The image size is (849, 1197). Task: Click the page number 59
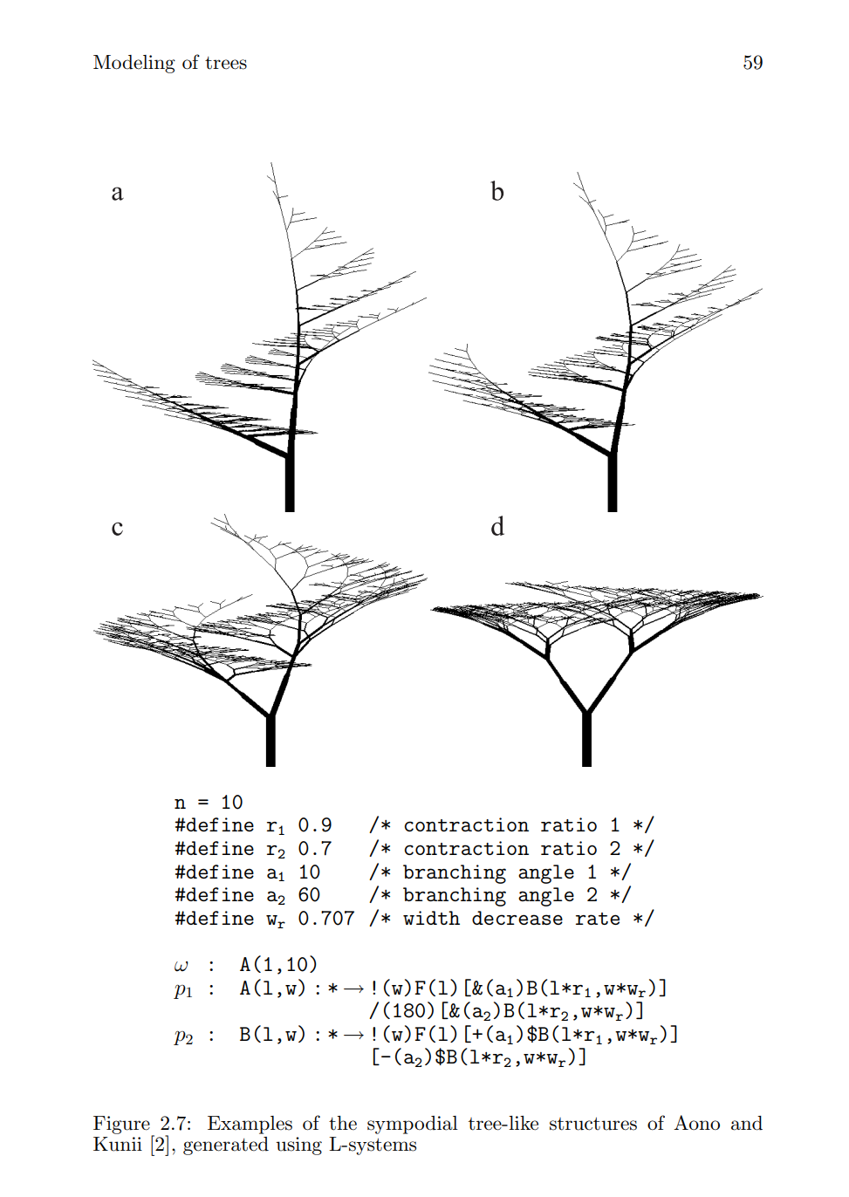(752, 63)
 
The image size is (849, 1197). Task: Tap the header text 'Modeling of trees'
(169, 63)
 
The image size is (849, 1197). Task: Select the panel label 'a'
(117, 193)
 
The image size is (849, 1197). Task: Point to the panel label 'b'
(497, 192)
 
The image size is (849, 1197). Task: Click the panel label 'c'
(117, 528)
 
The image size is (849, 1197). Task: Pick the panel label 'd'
(497, 527)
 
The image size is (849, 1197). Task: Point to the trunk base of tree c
(270, 742)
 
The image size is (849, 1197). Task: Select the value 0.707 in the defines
(326, 919)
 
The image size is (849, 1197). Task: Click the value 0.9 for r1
(315, 825)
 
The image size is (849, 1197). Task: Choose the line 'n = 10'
(209, 803)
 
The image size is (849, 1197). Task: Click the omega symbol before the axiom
(181, 966)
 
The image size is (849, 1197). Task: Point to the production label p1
(183, 989)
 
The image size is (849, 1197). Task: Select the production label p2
(183, 1036)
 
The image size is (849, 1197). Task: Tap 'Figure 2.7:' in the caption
(142, 1124)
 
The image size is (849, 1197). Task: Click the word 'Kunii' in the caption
(118, 1146)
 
